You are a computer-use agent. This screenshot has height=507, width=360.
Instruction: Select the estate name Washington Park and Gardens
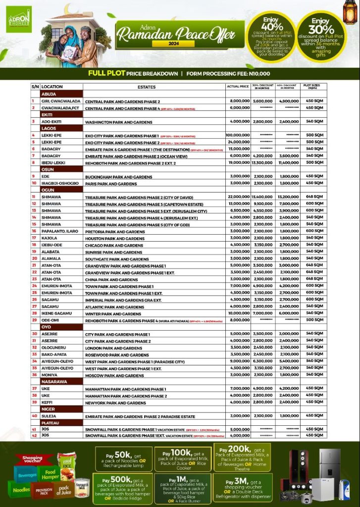point(118,121)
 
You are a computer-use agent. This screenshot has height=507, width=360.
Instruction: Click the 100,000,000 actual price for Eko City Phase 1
point(237,135)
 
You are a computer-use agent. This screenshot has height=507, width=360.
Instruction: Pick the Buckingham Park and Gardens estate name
point(118,177)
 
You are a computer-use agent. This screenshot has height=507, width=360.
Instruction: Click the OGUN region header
point(49,190)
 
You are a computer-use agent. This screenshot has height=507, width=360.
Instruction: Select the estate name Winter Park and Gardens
point(113,314)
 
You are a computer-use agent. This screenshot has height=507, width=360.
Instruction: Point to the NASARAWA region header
point(54,382)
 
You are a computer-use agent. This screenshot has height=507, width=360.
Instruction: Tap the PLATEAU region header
point(51,423)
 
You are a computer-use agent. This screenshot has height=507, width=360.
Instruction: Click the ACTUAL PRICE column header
point(237,87)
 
